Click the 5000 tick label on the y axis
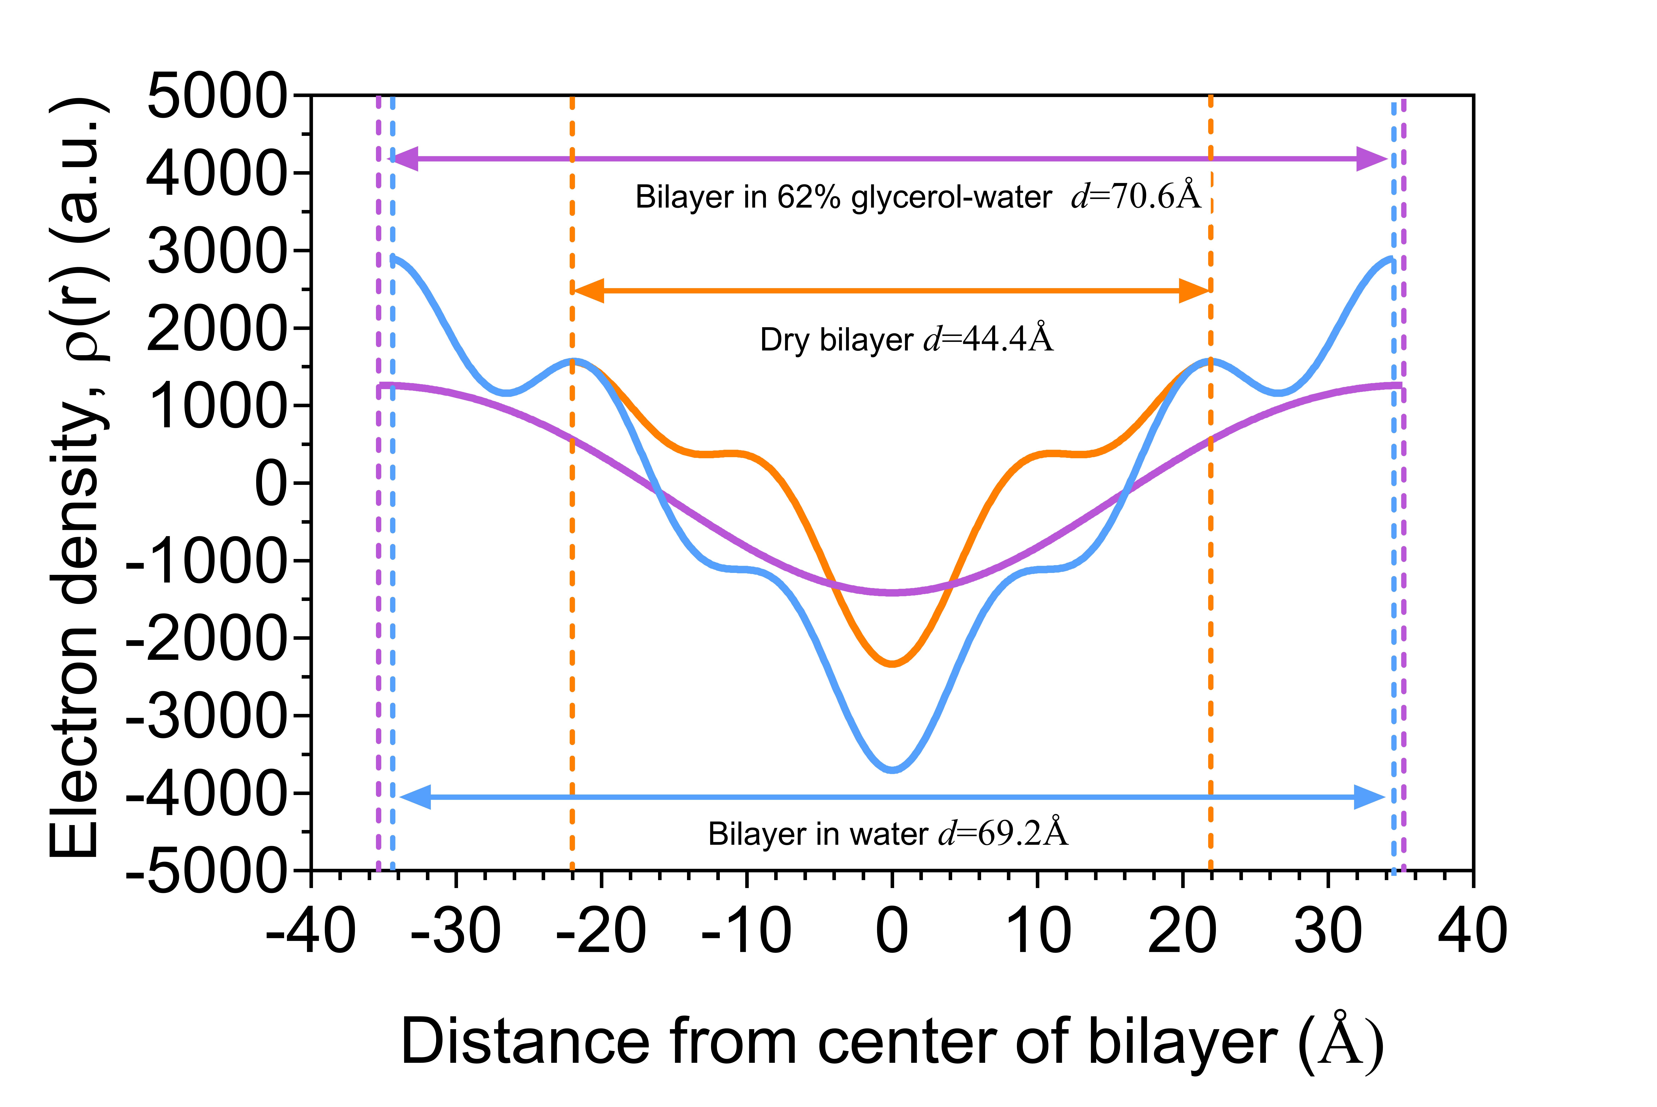coord(217,97)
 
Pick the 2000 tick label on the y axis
coord(217,329)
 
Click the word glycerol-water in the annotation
coord(951,197)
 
